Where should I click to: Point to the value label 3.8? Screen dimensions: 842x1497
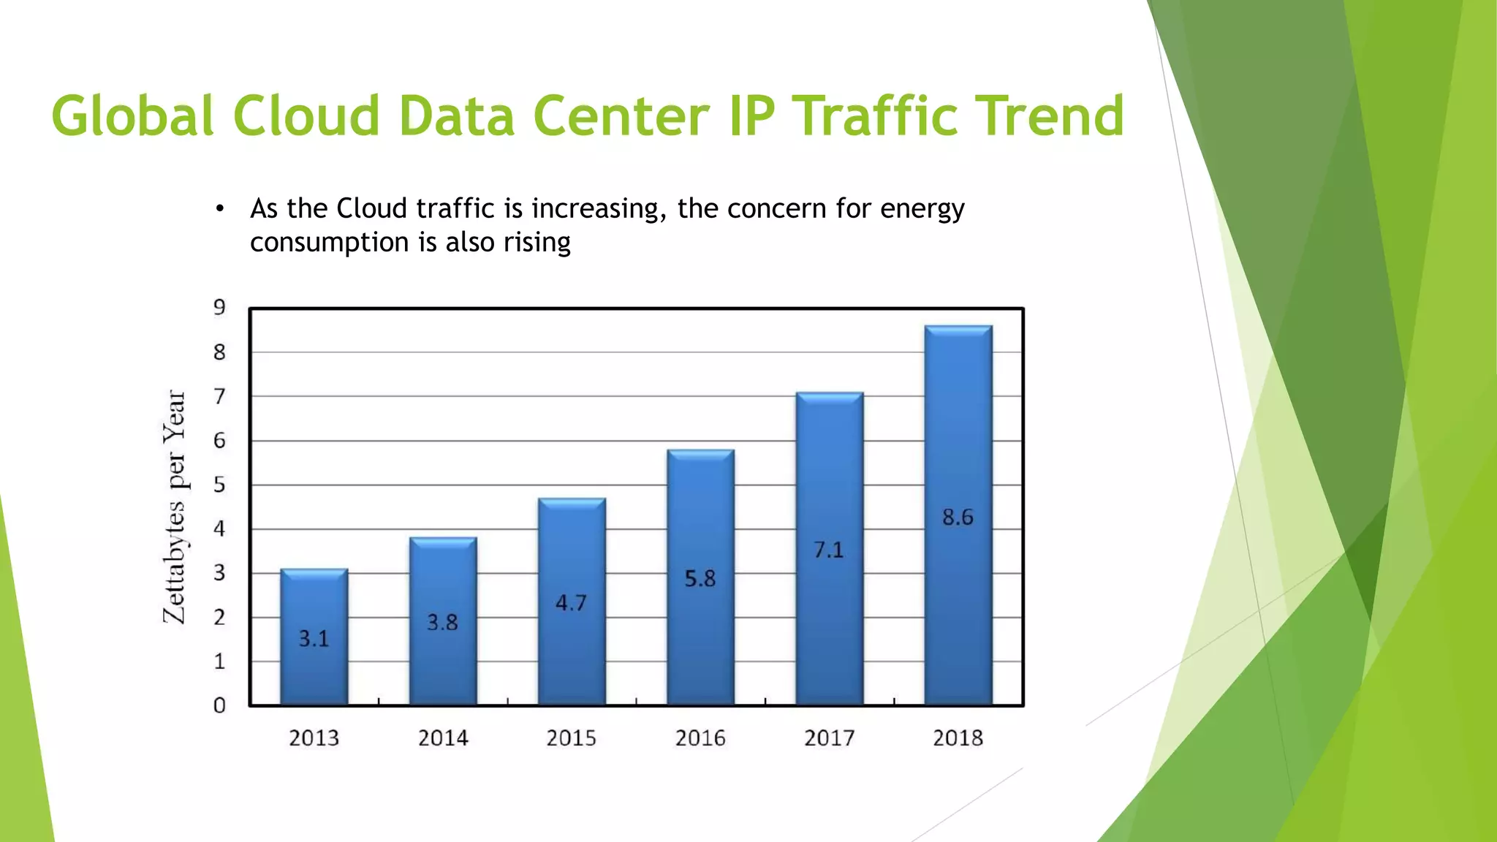442,623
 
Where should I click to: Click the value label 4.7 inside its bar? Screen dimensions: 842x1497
571,603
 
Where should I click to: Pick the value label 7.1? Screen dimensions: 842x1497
829,550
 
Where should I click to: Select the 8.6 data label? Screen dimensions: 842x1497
958,517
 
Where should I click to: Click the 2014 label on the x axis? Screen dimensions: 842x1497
443,738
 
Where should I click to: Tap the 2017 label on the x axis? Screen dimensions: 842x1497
829,738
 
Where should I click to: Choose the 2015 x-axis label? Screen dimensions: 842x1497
571,738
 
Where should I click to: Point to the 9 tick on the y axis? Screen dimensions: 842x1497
219,308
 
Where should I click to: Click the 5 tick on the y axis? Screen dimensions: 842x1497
219,485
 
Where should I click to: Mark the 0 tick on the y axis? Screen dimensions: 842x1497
219,705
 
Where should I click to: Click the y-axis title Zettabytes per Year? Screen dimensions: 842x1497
174,507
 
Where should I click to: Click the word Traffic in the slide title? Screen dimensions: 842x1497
875,116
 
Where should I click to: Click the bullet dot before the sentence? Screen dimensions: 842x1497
219,209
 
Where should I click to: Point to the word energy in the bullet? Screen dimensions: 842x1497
922,210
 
